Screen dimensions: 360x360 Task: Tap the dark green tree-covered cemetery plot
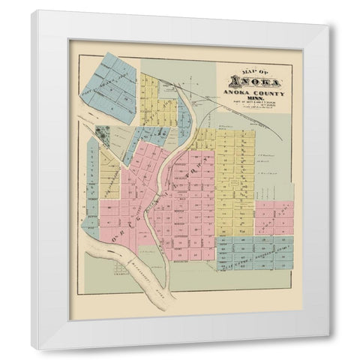[x=103, y=136]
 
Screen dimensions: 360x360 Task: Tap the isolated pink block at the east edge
[x=274, y=217]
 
